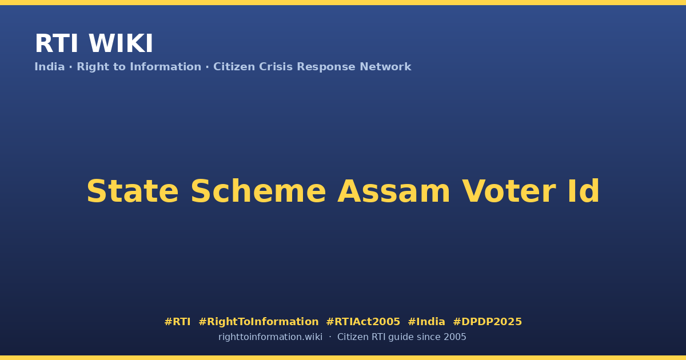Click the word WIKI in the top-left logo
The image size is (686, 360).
pyautogui.click(x=121, y=43)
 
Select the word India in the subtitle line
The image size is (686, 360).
pyautogui.click(x=50, y=67)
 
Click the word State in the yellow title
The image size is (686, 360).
pyautogui.click(x=133, y=191)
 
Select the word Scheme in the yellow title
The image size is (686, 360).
pyautogui.click(x=258, y=191)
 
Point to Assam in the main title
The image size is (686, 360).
pyautogui.click(x=394, y=191)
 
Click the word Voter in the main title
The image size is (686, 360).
pyautogui.click(x=509, y=191)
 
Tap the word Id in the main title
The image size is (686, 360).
pyautogui.click(x=584, y=191)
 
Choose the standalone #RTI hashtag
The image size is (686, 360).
pyautogui.click(x=177, y=322)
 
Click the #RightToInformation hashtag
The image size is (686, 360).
pyautogui.click(x=259, y=322)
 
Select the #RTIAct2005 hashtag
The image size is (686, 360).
pyautogui.click(x=363, y=322)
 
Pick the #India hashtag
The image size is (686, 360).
pyautogui.click(x=426, y=322)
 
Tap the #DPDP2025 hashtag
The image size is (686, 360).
pyautogui.click(x=488, y=322)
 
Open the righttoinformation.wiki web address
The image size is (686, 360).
pyautogui.click(x=270, y=337)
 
